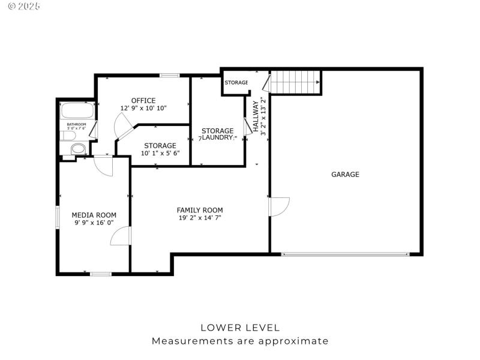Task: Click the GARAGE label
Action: [345, 175]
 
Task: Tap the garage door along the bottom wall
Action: [345, 254]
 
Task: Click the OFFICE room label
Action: [143, 100]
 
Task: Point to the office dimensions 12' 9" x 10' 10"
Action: [143, 108]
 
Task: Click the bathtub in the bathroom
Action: [77, 112]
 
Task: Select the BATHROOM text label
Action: [76, 124]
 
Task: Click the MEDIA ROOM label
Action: [94, 215]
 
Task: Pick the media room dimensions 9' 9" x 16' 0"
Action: [94, 223]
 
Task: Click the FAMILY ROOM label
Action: [199, 210]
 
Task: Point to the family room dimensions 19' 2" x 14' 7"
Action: [199, 218]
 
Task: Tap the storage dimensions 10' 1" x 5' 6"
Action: [160, 154]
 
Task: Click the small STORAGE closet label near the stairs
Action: [236, 82]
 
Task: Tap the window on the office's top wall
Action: [170, 76]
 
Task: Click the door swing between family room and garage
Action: [279, 206]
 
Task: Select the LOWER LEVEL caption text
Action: [239, 328]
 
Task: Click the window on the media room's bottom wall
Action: [101, 274]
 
